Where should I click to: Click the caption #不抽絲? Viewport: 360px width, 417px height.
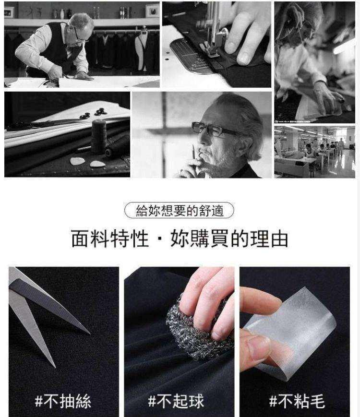[63, 401]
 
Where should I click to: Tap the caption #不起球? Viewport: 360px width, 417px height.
[176, 401]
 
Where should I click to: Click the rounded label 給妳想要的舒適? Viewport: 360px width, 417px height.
[179, 210]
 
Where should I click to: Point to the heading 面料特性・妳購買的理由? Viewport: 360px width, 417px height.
[180, 238]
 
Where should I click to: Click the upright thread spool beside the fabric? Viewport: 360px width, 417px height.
[99, 136]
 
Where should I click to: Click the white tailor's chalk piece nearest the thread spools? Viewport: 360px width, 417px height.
[98, 164]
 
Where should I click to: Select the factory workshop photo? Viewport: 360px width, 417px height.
[314, 151]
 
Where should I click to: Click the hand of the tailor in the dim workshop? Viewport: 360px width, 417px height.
[331, 98]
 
